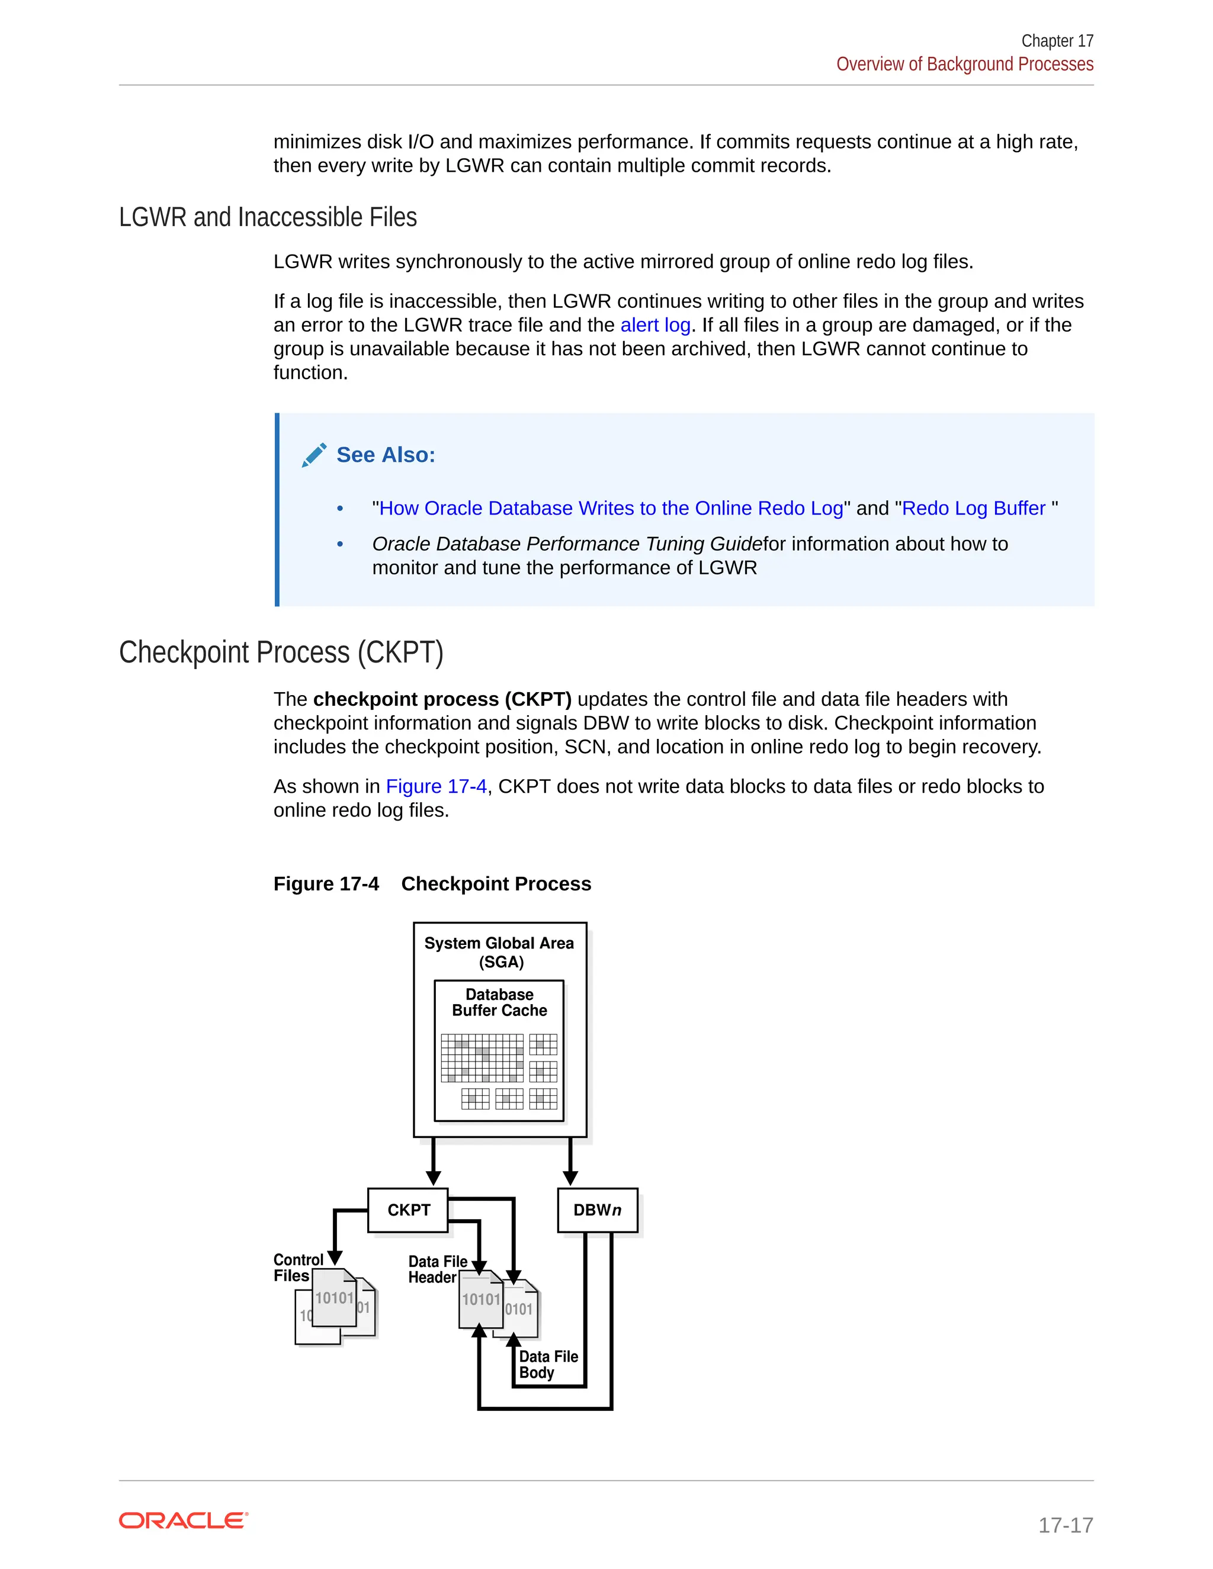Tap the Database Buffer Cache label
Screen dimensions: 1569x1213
click(499, 1002)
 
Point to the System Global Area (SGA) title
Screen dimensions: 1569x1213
click(499, 952)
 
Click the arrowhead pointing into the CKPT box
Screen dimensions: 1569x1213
click(434, 1178)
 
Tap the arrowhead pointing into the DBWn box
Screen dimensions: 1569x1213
click(570, 1178)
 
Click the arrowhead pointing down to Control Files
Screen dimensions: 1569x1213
click(335, 1257)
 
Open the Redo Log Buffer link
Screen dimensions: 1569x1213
click(973, 508)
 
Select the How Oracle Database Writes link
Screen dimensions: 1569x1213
click(610, 508)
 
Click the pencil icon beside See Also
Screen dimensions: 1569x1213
click(314, 455)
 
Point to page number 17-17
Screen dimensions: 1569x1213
click(1065, 1525)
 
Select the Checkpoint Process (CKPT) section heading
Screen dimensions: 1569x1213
click(281, 652)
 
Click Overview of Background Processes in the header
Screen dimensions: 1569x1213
click(964, 64)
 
